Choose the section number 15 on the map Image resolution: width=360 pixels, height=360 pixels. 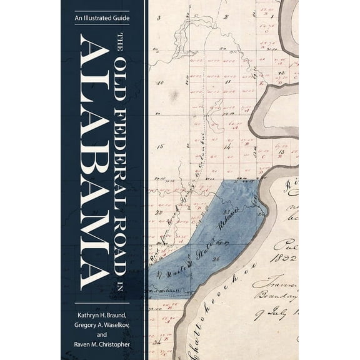(160, 147)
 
